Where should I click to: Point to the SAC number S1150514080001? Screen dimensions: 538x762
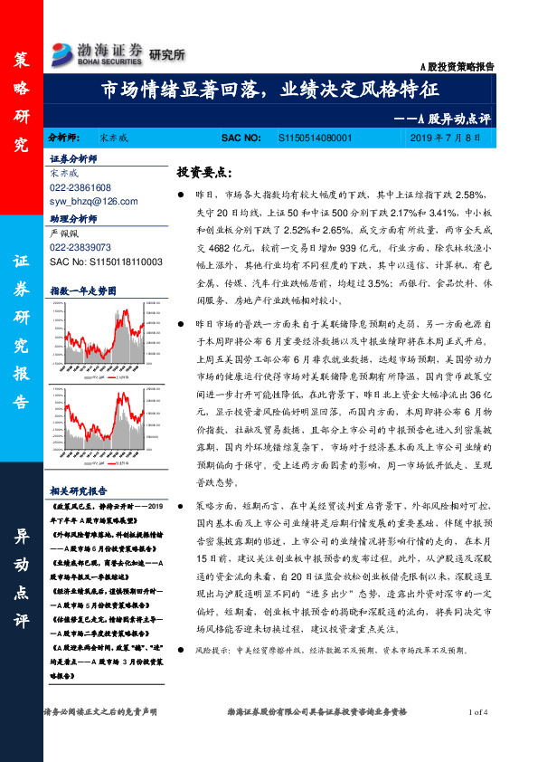pyautogui.click(x=314, y=138)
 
